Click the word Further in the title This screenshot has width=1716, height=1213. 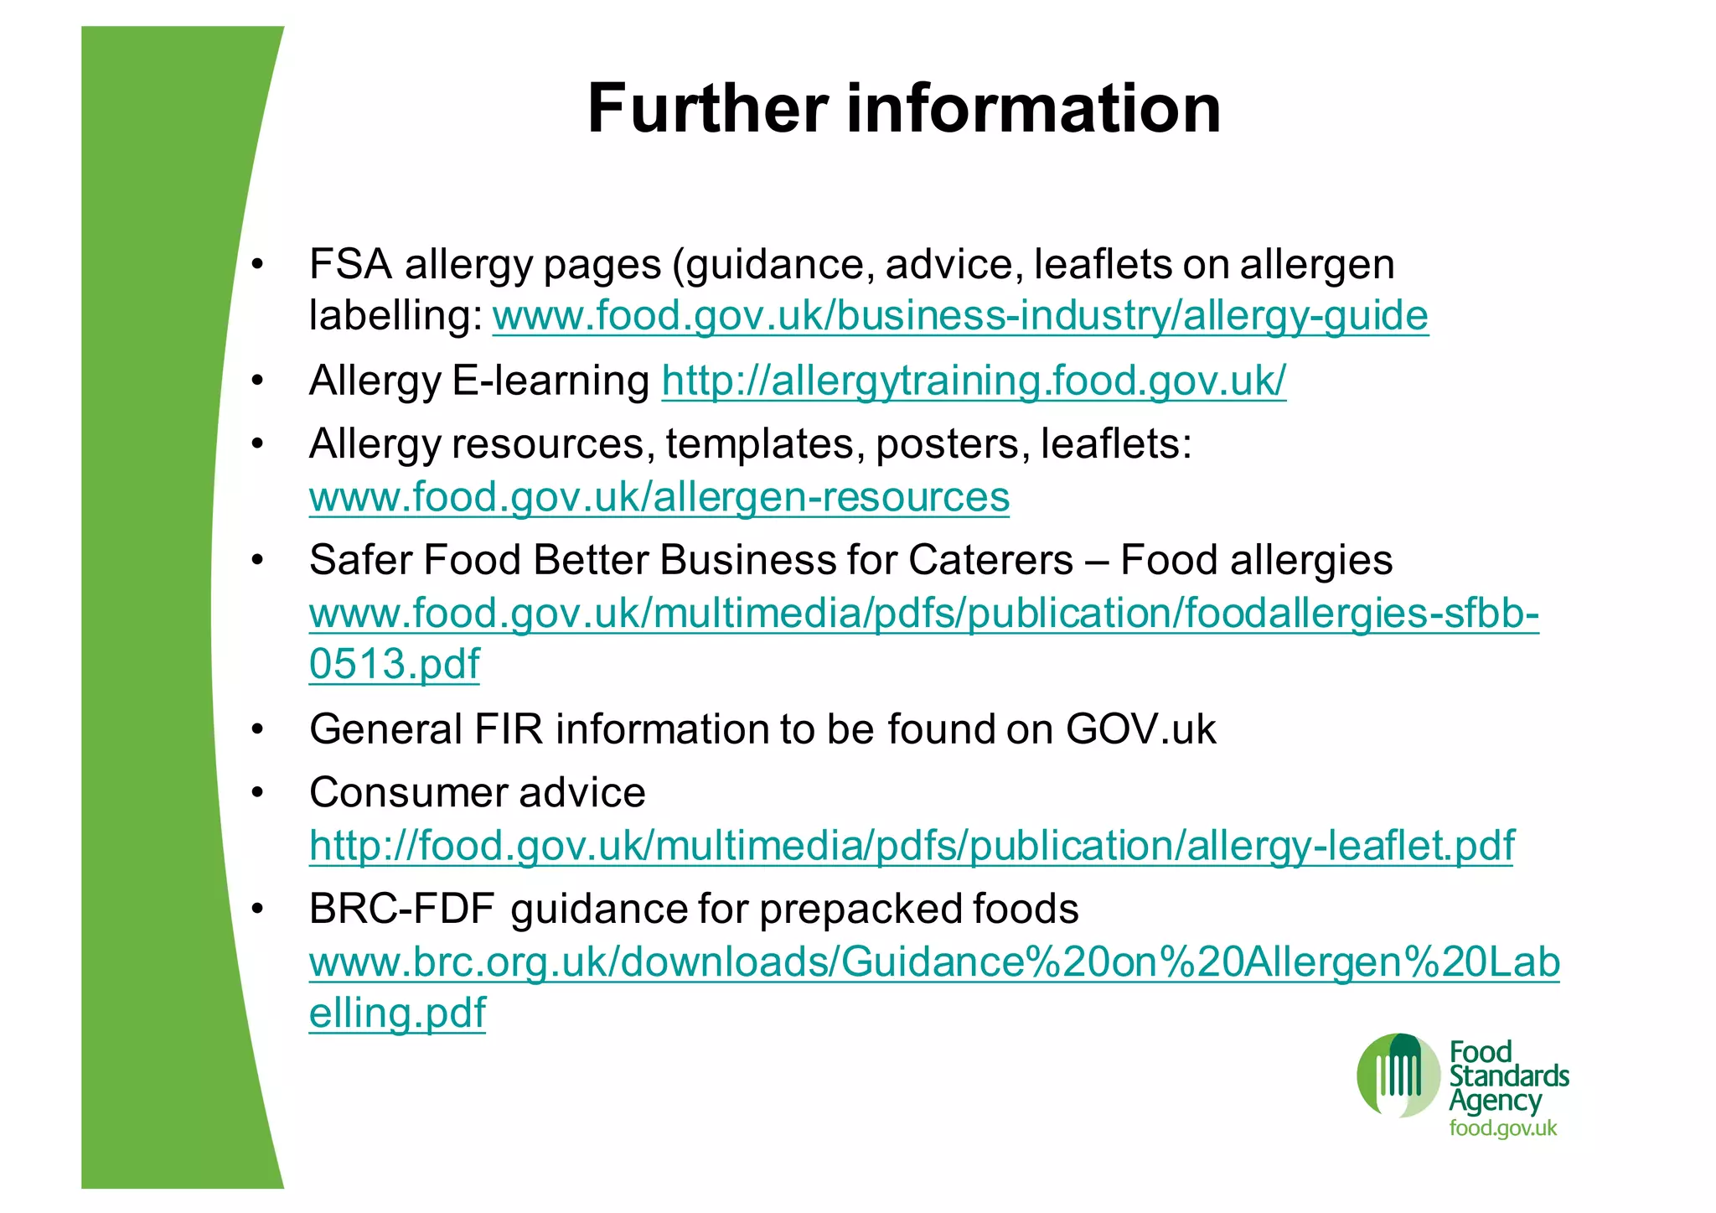[708, 109]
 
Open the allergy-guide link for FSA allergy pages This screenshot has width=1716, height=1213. [960, 317]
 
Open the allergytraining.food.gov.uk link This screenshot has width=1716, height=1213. [974, 381]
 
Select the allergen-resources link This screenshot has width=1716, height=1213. [659, 497]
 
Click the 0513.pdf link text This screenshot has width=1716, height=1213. [395, 665]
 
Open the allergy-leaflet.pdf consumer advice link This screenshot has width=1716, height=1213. [912, 846]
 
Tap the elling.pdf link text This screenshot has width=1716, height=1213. [397, 1013]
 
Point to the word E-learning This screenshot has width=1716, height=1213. [550, 381]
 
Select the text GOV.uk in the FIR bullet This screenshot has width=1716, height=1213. [1140, 729]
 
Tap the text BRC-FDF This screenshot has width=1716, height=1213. [401, 910]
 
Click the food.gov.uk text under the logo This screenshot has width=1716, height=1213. [1503, 1128]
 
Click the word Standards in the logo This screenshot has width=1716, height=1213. [1509, 1076]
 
